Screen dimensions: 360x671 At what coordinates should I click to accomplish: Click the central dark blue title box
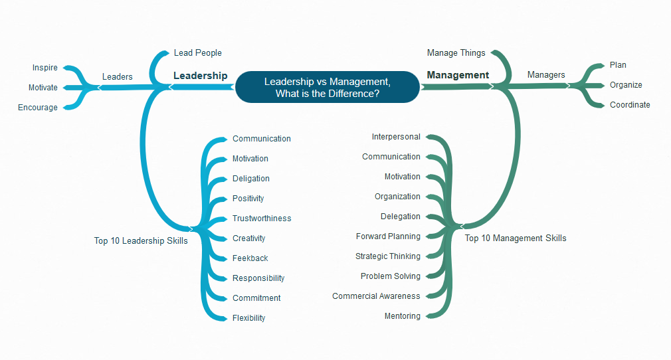coord(328,87)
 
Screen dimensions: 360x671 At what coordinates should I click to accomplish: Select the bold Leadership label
coord(200,76)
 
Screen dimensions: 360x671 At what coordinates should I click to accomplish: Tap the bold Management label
coord(458,75)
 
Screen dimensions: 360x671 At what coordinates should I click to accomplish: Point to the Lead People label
coord(197,52)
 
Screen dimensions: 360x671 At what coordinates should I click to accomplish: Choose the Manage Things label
coord(456,52)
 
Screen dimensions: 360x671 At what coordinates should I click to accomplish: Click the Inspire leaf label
coord(45,68)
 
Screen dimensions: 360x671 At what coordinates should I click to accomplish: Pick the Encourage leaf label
coord(38,108)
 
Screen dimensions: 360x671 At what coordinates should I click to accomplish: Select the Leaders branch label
coord(117,76)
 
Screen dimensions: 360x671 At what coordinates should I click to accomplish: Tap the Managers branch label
coord(546,75)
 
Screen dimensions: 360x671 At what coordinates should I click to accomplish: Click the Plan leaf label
coord(618,65)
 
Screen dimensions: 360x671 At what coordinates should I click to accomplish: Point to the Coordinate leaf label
coord(630,105)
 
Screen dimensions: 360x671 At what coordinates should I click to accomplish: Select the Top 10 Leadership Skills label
coord(141,241)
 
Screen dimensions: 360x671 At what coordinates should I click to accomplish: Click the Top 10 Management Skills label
coord(516,238)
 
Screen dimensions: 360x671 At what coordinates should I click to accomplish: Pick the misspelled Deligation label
coord(251,179)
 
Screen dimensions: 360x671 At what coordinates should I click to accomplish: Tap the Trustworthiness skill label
coord(262,219)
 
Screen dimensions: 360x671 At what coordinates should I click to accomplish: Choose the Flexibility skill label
coord(248,318)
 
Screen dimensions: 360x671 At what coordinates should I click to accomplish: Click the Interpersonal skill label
coord(396,137)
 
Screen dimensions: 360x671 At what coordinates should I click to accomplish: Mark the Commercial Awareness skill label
coord(376,296)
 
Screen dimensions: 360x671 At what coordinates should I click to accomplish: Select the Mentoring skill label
coord(402,316)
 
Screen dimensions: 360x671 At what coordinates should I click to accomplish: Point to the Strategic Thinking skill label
coord(388,256)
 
